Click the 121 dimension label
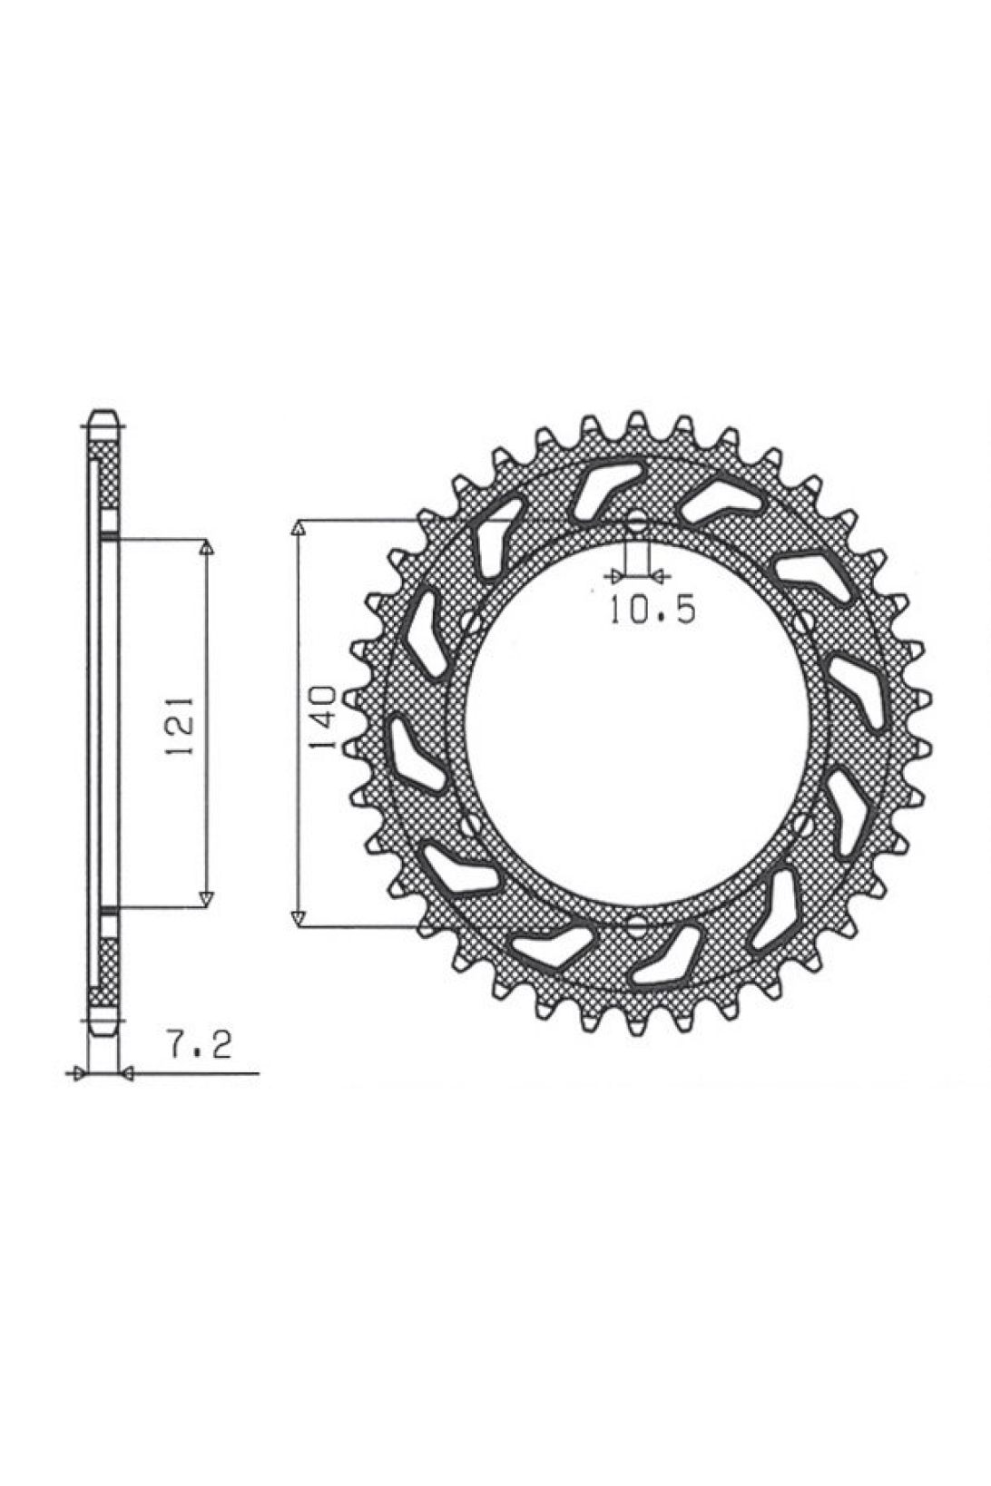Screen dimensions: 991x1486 coord(179,725)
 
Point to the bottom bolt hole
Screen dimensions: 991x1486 coord(636,924)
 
